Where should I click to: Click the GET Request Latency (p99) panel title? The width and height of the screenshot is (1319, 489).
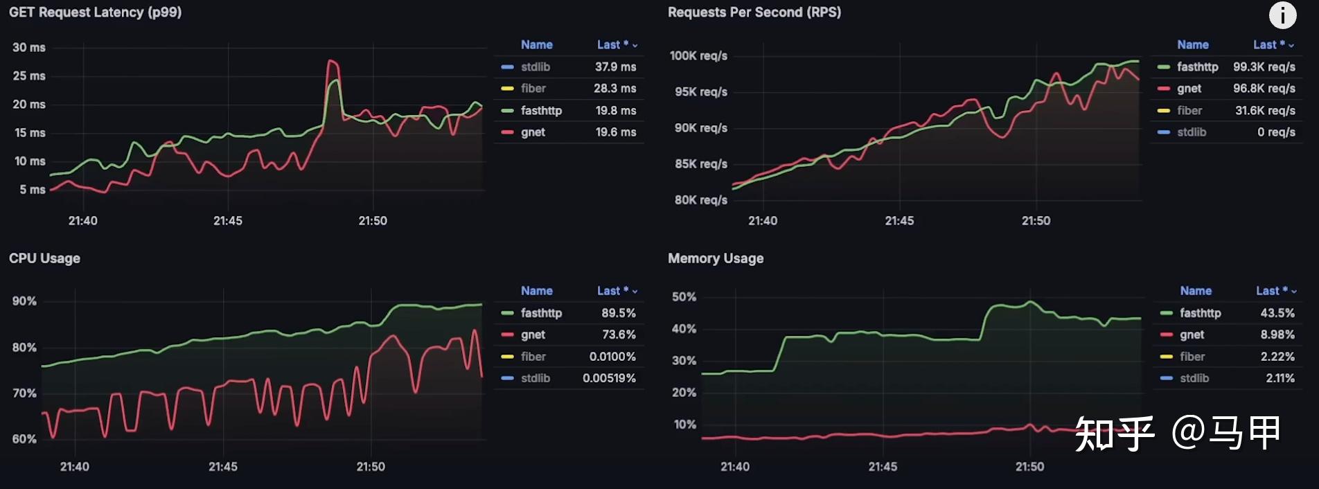(95, 12)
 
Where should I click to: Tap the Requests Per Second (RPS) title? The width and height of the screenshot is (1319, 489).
(754, 12)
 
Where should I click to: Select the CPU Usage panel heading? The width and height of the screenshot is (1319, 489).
(44, 258)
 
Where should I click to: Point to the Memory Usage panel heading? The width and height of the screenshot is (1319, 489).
(715, 258)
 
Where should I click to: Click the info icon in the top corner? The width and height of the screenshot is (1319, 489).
(1282, 15)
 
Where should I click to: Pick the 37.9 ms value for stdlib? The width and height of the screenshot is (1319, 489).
(615, 66)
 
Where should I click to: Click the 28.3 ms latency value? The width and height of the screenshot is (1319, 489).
(614, 89)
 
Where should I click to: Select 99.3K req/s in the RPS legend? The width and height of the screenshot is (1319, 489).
(1264, 66)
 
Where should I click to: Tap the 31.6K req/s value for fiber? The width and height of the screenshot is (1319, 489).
(1264, 111)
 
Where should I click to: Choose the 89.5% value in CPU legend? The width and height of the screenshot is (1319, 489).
(618, 313)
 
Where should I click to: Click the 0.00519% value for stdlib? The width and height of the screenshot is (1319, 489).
(609, 378)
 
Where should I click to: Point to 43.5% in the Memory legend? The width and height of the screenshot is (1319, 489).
(1277, 313)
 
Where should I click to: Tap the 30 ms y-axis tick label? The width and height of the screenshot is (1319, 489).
(29, 47)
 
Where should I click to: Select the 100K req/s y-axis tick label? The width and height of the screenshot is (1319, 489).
(698, 55)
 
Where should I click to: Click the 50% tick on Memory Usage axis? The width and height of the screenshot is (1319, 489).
(684, 296)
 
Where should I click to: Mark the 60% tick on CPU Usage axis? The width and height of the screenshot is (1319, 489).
(24, 439)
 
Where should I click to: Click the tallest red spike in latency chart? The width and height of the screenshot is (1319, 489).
(333, 62)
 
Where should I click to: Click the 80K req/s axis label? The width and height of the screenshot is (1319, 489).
(700, 200)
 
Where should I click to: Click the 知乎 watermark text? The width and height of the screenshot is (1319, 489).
(1115, 434)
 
